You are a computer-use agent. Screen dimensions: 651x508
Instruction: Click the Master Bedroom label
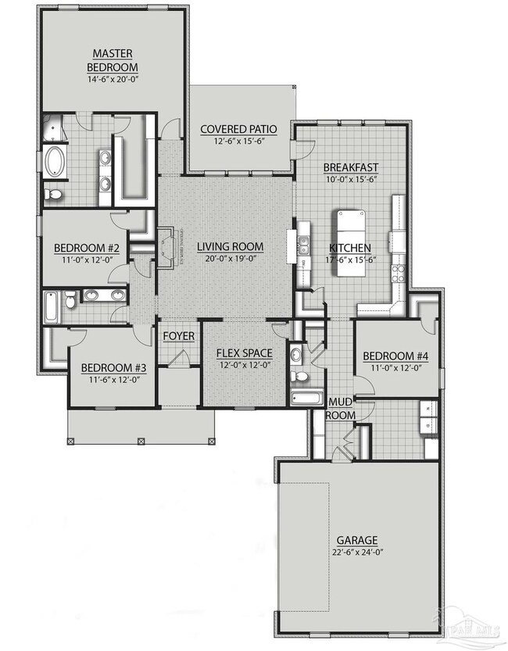[113, 59]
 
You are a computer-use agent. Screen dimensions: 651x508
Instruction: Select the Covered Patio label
[234, 129]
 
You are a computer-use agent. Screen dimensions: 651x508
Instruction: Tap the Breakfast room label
[351, 166]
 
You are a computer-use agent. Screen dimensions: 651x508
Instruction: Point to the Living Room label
[230, 247]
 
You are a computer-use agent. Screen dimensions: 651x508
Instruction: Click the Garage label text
[357, 540]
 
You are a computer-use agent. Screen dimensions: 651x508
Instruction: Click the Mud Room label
[342, 408]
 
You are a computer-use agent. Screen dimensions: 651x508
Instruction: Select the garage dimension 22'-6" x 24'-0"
[357, 553]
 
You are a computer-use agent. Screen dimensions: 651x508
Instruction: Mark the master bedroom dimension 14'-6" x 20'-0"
[113, 79]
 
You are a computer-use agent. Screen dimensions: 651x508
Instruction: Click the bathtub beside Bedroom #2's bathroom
[52, 306]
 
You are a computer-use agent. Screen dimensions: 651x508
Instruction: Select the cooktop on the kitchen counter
[399, 273]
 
